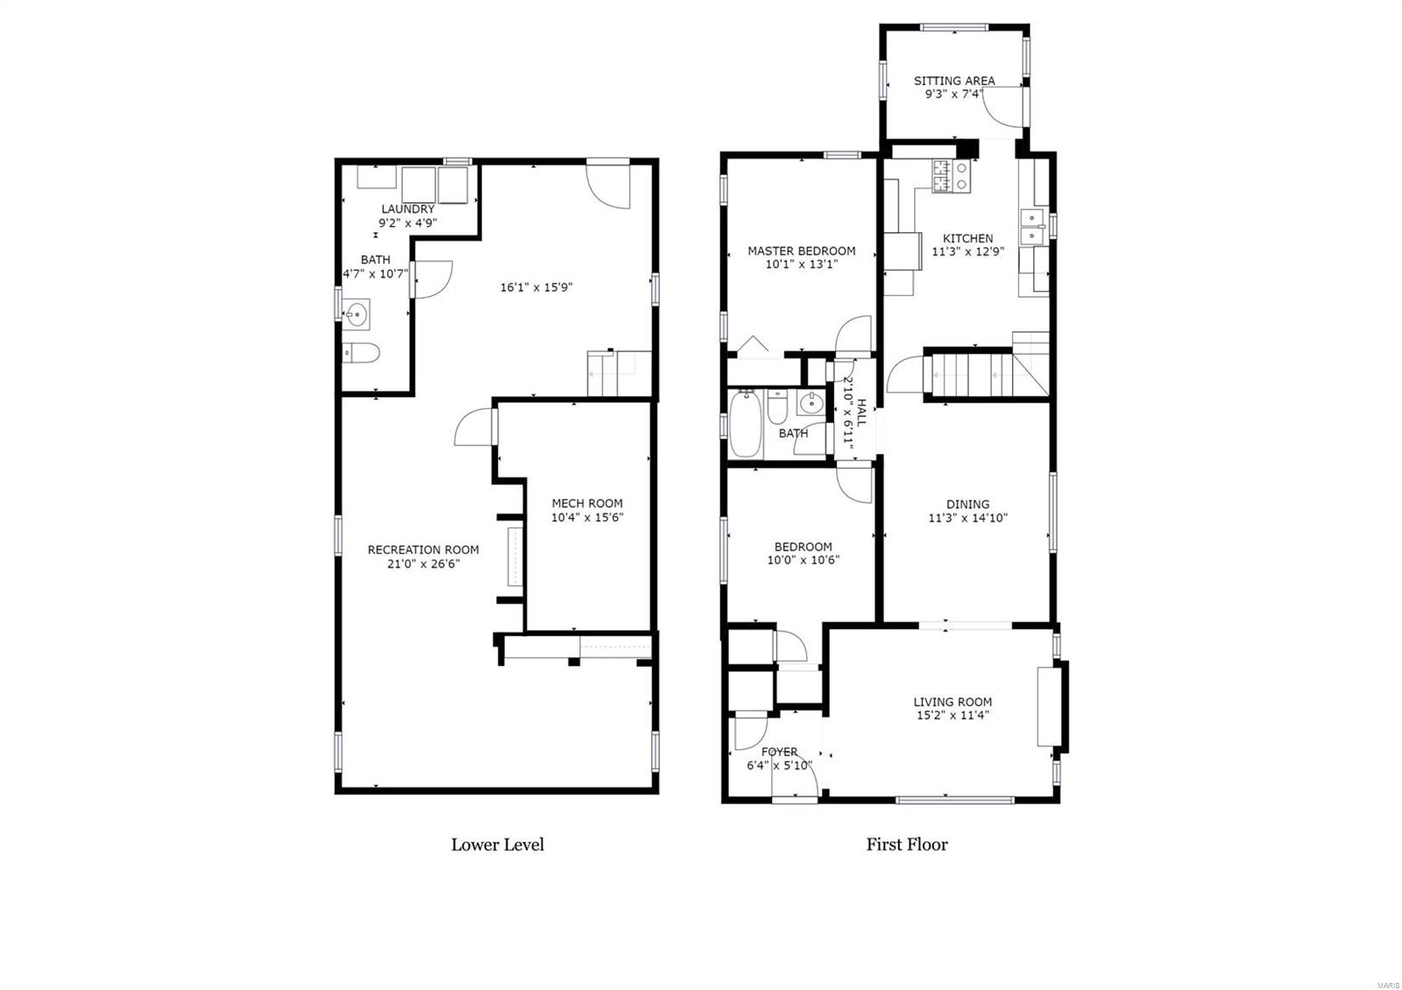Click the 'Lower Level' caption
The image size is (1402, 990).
point(497,845)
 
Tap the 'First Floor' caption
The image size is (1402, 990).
point(907,845)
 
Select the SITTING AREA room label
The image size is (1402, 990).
point(954,81)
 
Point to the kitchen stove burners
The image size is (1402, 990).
point(952,175)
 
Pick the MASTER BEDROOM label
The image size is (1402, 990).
point(801,251)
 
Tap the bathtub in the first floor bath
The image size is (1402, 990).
point(746,424)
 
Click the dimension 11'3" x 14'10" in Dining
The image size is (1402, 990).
point(967,518)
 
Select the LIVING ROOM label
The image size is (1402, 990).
point(952,702)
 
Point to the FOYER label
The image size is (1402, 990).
point(779,752)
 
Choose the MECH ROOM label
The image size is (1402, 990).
point(587,503)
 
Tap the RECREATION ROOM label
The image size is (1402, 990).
point(423,550)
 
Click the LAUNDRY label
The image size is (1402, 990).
point(407,209)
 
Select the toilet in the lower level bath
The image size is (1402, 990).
point(361,353)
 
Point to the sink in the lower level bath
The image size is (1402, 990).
point(357,312)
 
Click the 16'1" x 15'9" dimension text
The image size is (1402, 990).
point(537,286)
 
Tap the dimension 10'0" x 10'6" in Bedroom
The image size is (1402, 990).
point(803,561)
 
